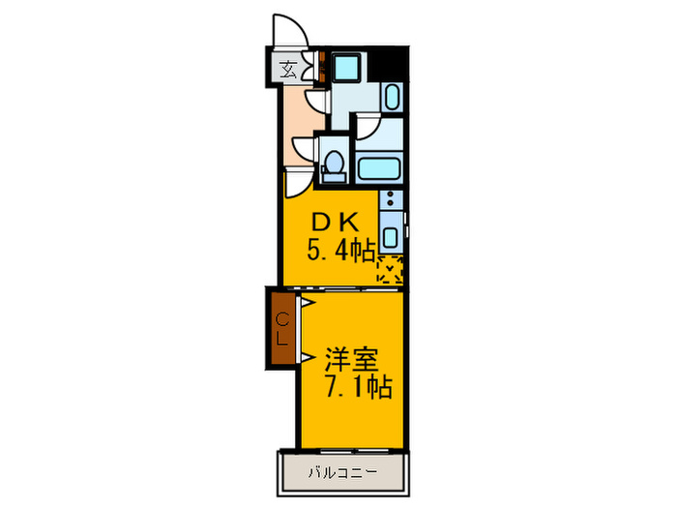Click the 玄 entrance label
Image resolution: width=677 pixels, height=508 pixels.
click(x=288, y=69)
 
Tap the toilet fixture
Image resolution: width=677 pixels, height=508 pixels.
click(x=334, y=165)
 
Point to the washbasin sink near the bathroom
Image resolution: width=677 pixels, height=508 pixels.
click(x=392, y=96)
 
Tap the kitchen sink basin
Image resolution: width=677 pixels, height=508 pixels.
click(x=390, y=236)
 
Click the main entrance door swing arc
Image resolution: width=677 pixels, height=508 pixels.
click(x=290, y=32)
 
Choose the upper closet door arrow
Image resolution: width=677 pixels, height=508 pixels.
click(x=304, y=304)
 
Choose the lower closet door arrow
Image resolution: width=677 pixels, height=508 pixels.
click(x=304, y=359)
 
